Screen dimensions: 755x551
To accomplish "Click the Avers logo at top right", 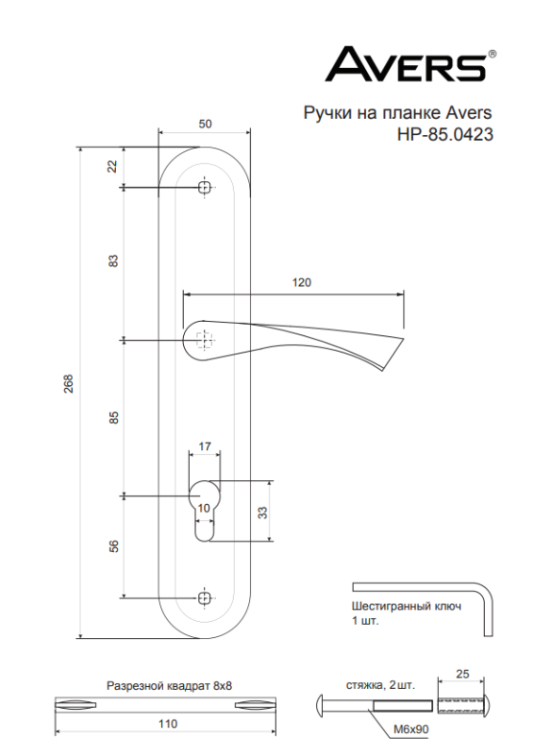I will click(x=407, y=66).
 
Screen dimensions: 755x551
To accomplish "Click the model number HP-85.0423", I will click(x=445, y=134).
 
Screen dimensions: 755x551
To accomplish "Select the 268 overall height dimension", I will click(x=69, y=385).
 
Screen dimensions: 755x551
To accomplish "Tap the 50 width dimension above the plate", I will click(x=205, y=125).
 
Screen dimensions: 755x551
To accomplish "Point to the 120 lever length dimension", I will click(x=302, y=282).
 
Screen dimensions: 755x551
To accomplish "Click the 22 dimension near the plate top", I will click(x=112, y=166).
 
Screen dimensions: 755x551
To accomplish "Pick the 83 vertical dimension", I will click(x=112, y=261).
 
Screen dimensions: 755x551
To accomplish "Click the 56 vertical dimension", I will click(x=112, y=546).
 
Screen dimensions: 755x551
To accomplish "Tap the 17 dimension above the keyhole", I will click(x=205, y=447).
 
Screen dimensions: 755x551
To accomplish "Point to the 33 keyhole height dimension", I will click(x=264, y=512).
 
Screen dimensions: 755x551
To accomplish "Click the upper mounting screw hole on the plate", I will click(x=205, y=188).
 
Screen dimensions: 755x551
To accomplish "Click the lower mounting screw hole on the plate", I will click(x=205, y=597).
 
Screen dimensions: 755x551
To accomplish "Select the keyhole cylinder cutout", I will click(x=205, y=510).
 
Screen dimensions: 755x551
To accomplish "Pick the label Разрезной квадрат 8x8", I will click(x=169, y=687).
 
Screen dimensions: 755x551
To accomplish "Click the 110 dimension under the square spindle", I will click(x=168, y=724).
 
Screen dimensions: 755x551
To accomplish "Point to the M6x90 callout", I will click(x=411, y=730).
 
